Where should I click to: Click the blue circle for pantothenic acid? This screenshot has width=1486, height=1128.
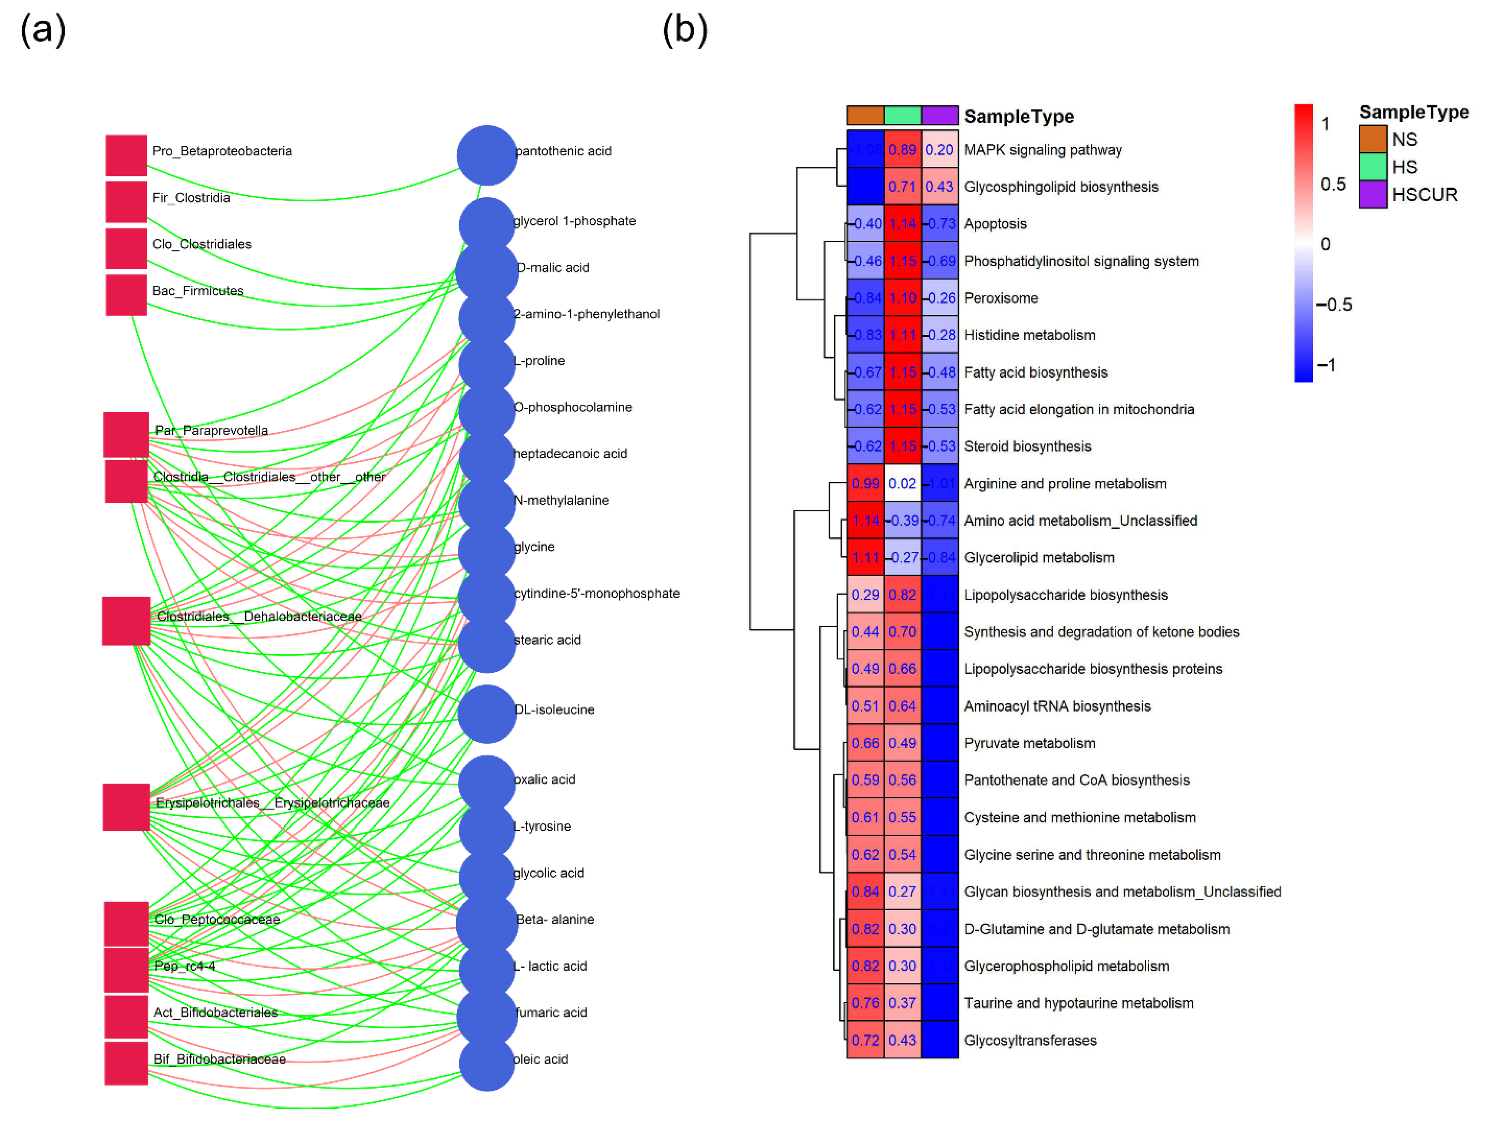click(x=486, y=155)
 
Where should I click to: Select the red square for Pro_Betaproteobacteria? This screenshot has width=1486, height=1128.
click(x=126, y=155)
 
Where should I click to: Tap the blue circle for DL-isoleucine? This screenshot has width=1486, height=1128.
click(x=486, y=714)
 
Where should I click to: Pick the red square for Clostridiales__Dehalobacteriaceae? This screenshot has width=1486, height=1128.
click(x=126, y=621)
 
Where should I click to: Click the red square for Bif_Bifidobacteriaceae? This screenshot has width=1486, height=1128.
click(x=126, y=1063)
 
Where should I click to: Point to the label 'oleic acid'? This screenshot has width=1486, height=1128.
click(x=541, y=1059)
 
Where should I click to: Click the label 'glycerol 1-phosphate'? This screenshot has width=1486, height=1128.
click(x=574, y=221)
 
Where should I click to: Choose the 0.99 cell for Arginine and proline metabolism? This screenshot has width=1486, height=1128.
click(x=865, y=484)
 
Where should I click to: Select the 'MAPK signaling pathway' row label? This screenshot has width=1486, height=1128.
click(x=1042, y=150)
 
